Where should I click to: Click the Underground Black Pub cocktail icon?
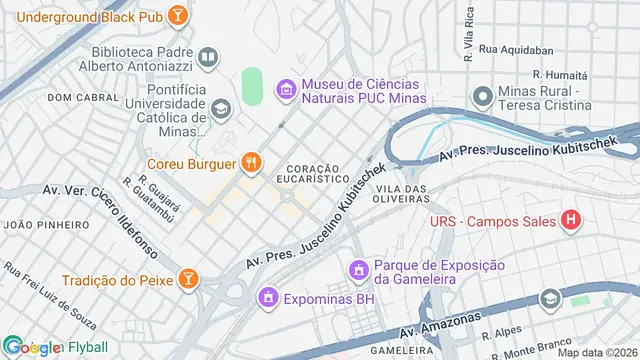[176, 15]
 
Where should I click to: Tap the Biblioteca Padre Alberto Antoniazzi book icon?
[208, 58]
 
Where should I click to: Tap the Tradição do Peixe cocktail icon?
[187, 279]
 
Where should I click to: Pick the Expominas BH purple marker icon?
[268, 297]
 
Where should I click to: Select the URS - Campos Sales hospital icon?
[571, 220]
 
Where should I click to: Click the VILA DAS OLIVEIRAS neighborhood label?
[403, 195]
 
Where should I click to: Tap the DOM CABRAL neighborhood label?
[76, 98]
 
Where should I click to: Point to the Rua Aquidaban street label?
[516, 48]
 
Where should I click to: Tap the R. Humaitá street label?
[562, 74]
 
